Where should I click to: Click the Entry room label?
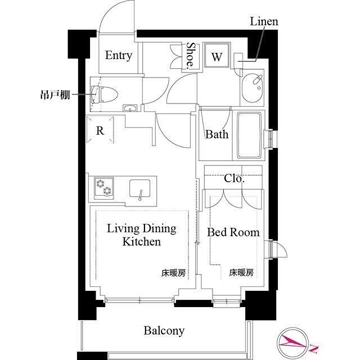119,55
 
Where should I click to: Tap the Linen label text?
264,22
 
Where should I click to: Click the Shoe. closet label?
191,56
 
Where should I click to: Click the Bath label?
217,134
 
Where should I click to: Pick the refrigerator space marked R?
100,131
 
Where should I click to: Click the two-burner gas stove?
103,187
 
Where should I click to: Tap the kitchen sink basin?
139,188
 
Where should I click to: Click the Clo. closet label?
234,179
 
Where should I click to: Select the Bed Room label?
233,232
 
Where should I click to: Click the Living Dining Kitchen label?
142,235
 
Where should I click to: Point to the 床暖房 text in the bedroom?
241,273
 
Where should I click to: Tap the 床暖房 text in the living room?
173,273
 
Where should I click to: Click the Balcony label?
163,330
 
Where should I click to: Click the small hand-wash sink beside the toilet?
130,108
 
